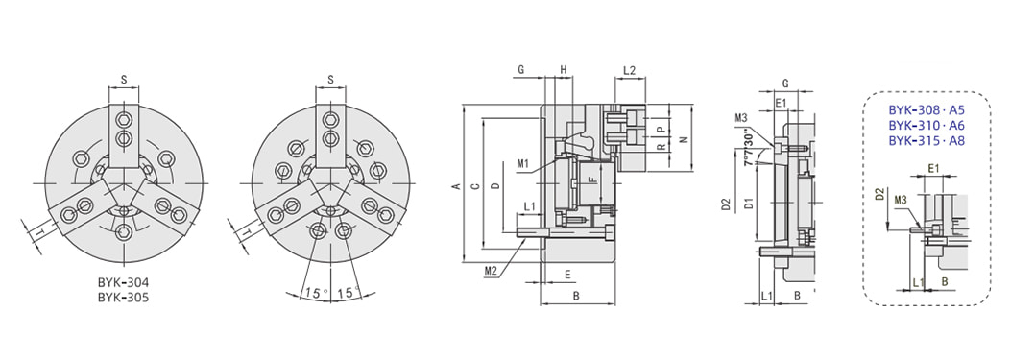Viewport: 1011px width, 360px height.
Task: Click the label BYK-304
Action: (123, 283)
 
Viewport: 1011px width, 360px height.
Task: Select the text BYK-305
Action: (123, 298)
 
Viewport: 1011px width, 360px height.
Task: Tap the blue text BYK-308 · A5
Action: (926, 109)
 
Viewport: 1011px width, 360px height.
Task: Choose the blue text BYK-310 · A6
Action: (926, 125)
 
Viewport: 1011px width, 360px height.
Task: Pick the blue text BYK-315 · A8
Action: (926, 140)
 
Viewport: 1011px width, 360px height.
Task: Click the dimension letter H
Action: (563, 69)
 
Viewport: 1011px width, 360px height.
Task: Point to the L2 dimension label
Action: (630, 69)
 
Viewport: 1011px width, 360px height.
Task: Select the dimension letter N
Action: (685, 138)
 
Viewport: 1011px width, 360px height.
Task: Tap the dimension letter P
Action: (660, 129)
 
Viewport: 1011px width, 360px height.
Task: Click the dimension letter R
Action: (660, 147)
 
